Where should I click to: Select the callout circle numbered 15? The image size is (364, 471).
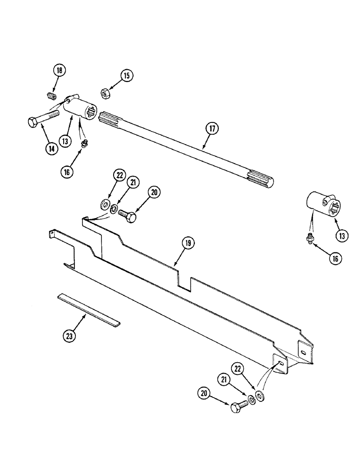pyautogui.click(x=126, y=75)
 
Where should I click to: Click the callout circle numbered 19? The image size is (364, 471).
pyautogui.click(x=188, y=243)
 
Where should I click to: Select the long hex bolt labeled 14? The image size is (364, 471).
pyautogui.click(x=42, y=118)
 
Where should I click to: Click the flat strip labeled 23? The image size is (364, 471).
pyautogui.click(x=89, y=310)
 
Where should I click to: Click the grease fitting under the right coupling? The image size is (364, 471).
pyautogui.click(x=310, y=239)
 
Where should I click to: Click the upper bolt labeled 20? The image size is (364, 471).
pyautogui.click(x=127, y=216)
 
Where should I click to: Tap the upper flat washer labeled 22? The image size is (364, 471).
pyautogui.click(x=105, y=204)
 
